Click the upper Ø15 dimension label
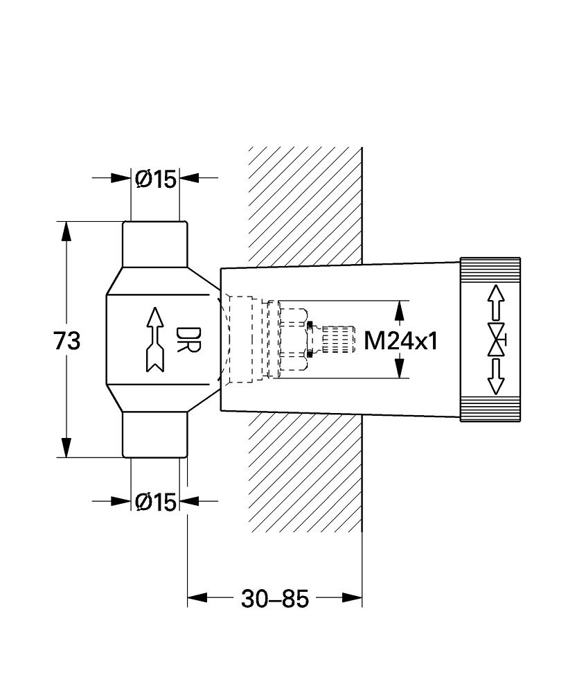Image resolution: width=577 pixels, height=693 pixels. tap(155, 179)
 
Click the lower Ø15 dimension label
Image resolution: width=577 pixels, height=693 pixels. tap(155, 501)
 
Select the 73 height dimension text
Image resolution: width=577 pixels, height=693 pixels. tap(67, 340)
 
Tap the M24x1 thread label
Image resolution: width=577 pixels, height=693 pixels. tap(401, 340)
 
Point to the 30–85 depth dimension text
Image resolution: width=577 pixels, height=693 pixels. tap(274, 598)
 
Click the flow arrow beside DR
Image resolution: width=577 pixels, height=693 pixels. tap(154, 340)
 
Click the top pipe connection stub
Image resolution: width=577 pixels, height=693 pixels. tap(155, 243)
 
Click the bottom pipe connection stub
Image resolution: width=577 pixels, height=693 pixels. tap(155, 435)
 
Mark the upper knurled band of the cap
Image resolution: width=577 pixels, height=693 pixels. tap(490, 268)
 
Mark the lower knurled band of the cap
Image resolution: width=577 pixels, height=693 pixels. tap(490, 410)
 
